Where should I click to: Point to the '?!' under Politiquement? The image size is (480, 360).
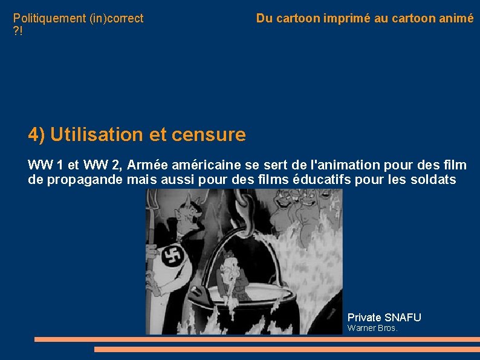pyautogui.click(x=19, y=30)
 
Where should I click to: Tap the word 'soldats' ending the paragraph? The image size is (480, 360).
pyautogui.click(x=434, y=180)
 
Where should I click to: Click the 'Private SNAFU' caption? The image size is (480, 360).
pyautogui.click(x=384, y=318)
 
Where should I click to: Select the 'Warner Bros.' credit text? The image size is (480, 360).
pyautogui.click(x=372, y=329)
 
